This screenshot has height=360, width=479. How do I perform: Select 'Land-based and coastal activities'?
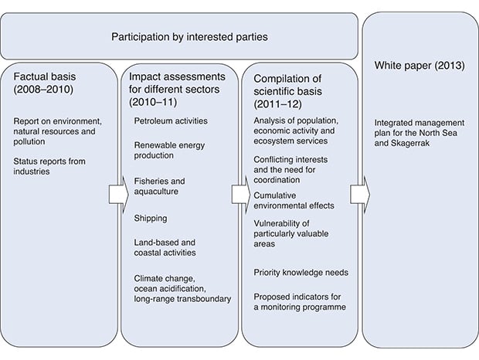click(x=165, y=247)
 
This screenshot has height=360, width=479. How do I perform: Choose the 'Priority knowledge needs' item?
click(x=301, y=272)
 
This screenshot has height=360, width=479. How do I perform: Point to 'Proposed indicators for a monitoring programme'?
click(x=299, y=302)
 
